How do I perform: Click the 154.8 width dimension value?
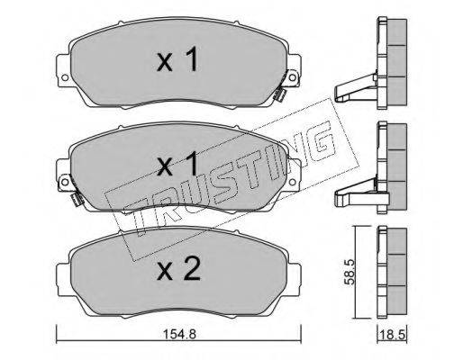tap(179, 334)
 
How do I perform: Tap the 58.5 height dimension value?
tap(350, 272)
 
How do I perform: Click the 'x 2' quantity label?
tap(178, 269)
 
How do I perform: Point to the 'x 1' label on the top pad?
tap(177, 59)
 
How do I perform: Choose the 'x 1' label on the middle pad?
tap(177, 164)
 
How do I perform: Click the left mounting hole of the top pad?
tap(65, 77)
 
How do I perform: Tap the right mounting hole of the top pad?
tap(292, 77)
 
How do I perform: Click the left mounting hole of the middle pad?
tap(65, 182)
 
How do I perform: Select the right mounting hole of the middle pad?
tap(292, 182)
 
